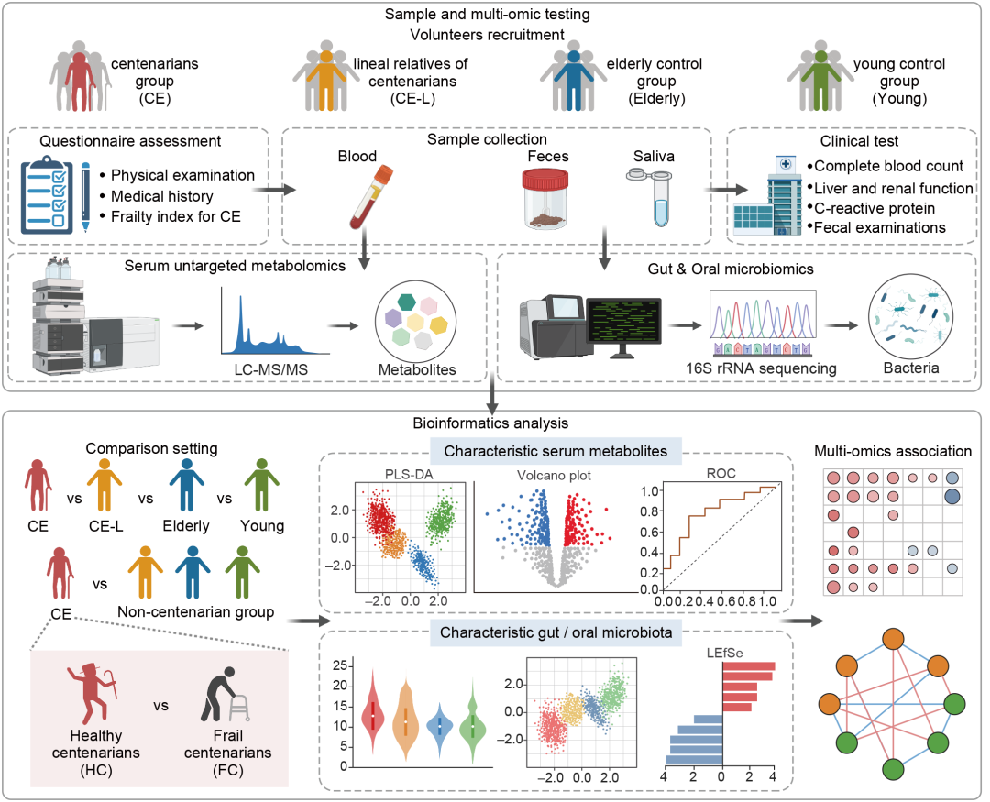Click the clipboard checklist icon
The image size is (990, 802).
[x=46, y=195]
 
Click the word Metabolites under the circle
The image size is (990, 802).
[x=416, y=371]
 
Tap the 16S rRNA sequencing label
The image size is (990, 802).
[x=762, y=368]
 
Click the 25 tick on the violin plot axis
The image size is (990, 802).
[x=338, y=665]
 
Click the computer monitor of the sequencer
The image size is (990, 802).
[x=623, y=322]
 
